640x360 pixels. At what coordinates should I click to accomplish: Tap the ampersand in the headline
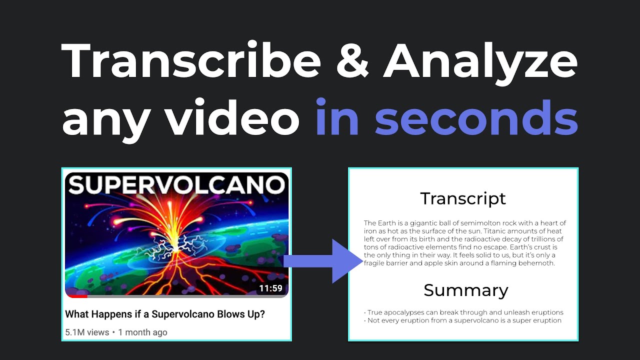click(x=352, y=61)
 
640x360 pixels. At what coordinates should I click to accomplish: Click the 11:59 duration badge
click(x=270, y=288)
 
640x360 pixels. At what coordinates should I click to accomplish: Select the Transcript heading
click(x=463, y=198)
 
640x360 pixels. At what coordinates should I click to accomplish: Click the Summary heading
click(x=465, y=290)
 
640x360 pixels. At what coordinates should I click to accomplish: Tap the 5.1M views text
click(x=86, y=332)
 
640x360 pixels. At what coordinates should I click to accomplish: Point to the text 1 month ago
click(x=142, y=332)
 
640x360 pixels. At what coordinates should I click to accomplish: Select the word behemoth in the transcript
click(x=537, y=263)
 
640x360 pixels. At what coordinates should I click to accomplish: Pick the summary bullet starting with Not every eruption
click(x=464, y=320)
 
